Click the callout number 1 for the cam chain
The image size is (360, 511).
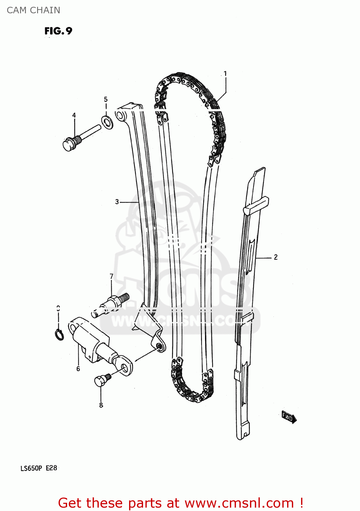tap(225, 74)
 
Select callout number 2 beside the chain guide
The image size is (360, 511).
tap(276, 257)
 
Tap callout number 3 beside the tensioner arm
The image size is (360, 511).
tap(117, 202)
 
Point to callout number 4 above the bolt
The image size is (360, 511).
tap(74, 115)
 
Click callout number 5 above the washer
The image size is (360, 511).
tap(106, 99)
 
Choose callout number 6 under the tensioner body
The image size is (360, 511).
tap(78, 369)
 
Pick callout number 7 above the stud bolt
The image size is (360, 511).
tap(111, 276)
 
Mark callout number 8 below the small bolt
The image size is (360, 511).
tap(101, 405)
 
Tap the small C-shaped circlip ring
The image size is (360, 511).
tap(59, 335)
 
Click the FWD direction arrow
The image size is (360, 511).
tap(289, 417)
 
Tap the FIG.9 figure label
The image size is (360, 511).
tap(58, 31)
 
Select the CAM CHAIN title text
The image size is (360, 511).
tap(33, 10)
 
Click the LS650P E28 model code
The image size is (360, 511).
tap(39, 468)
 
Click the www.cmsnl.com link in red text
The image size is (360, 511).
tap(239, 503)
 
